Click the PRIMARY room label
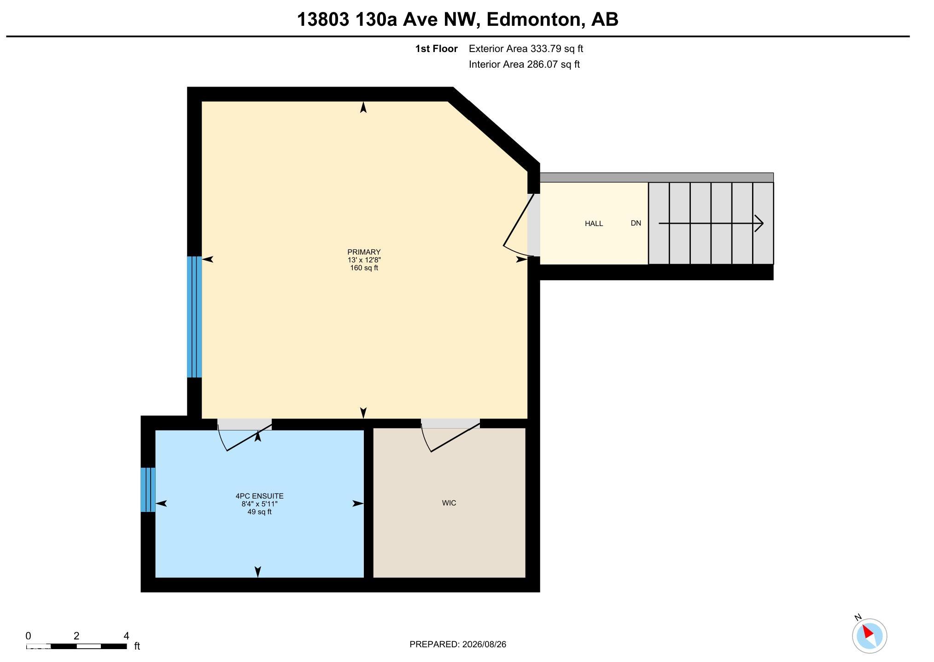[x=364, y=252]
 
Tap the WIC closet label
[x=449, y=503]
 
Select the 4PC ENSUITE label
[x=259, y=496]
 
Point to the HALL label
[x=594, y=223]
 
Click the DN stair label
[x=636, y=223]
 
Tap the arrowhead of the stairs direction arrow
[x=759, y=223]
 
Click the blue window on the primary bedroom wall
[x=194, y=317]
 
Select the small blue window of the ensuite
[x=148, y=489]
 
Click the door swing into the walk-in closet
[x=450, y=437]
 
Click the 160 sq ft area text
[x=364, y=268]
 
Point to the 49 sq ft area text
[x=259, y=512]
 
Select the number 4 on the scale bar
[x=126, y=636]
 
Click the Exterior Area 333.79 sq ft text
[x=526, y=48]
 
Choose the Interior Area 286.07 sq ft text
[x=524, y=64]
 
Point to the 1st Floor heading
[x=436, y=48]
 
